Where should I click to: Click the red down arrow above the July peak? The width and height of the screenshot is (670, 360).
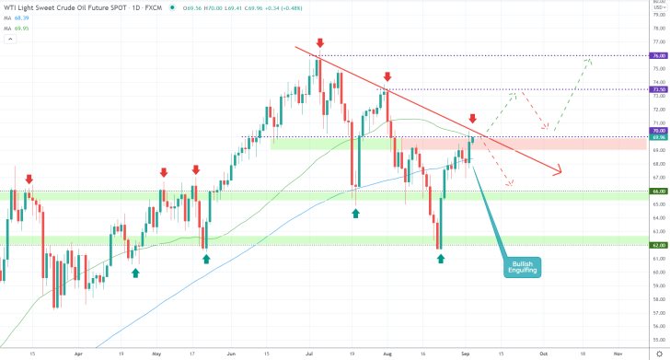(x=319, y=42)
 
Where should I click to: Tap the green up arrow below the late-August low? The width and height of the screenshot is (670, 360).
(x=441, y=259)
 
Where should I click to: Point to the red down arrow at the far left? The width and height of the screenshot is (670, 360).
(x=29, y=179)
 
